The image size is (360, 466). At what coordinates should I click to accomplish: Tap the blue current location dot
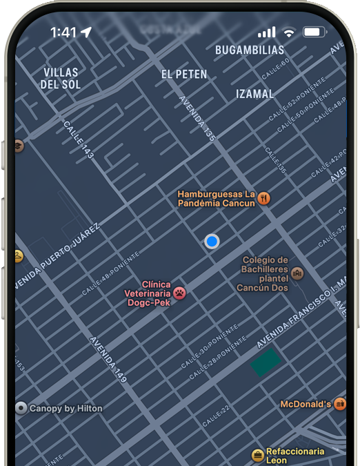[212, 241]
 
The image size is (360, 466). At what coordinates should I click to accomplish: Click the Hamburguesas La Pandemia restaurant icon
[263, 199]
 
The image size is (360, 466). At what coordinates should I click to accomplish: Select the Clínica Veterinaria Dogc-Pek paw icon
[179, 293]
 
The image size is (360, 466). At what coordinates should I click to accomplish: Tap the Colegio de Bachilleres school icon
[297, 273]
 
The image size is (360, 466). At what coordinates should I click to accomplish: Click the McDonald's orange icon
[339, 404]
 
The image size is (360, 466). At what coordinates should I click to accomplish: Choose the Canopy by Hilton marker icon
[21, 408]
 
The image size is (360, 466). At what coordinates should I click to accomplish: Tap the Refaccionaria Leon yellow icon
[258, 455]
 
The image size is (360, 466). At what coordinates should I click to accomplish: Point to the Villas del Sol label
[61, 78]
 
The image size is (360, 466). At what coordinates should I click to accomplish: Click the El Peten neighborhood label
[184, 74]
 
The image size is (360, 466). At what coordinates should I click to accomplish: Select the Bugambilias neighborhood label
[250, 50]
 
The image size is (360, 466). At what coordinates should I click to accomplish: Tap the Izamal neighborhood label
[255, 94]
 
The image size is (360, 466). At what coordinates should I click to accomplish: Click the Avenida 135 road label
[197, 119]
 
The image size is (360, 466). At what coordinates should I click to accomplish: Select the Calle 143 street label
[78, 140]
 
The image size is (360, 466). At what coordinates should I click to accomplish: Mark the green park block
[265, 361]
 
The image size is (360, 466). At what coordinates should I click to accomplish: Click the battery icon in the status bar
[314, 32]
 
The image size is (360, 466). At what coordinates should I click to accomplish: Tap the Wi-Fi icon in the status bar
[289, 32]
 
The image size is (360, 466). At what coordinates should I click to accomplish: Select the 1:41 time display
[63, 32]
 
